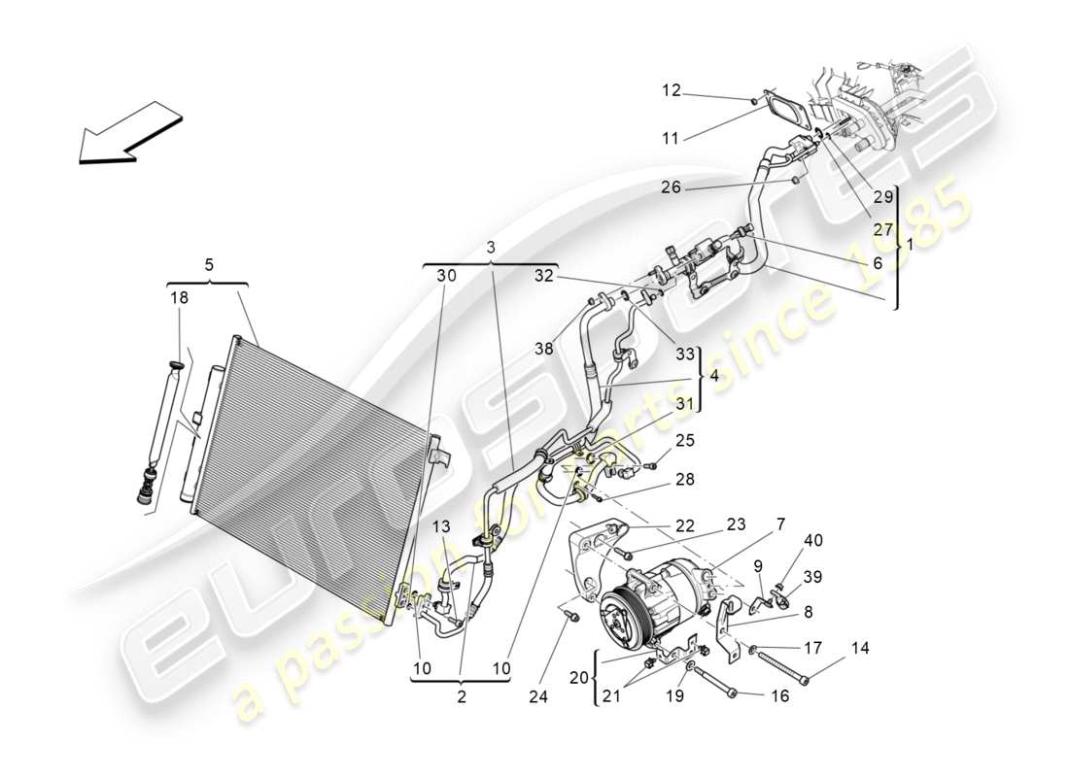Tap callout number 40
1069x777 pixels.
pos(812,540)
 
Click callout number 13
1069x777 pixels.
pos(443,525)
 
